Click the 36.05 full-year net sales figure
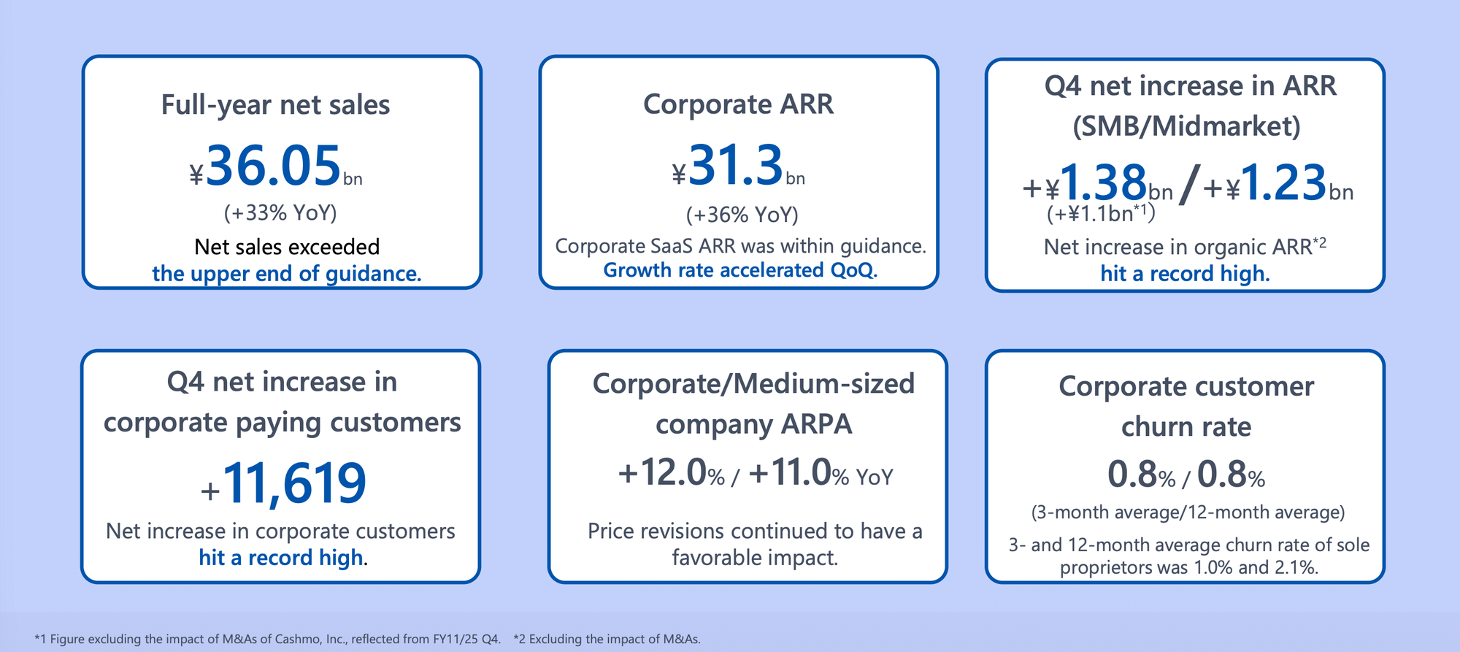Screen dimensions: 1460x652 [274, 166]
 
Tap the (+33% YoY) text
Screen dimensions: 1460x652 [280, 212]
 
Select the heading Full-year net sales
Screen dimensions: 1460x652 [275, 105]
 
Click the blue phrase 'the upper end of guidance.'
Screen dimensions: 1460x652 [287, 274]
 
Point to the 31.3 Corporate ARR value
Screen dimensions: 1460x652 [736, 165]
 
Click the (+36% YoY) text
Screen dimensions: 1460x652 [742, 215]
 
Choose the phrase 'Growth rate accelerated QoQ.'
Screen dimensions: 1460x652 [740, 270]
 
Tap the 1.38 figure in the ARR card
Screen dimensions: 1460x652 [1103, 182]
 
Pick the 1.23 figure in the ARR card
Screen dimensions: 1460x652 [1283, 182]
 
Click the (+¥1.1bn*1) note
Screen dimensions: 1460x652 [1102, 213]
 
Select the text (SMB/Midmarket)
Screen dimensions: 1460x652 [1186, 126]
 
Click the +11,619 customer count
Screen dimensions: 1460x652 [283, 483]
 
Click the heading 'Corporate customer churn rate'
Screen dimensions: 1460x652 [1186, 406]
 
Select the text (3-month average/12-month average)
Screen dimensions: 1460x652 [1188, 512]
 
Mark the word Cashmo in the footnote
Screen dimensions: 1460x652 [299, 639]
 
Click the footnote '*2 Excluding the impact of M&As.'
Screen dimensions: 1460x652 [607, 639]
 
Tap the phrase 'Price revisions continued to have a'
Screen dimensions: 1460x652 [755, 531]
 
